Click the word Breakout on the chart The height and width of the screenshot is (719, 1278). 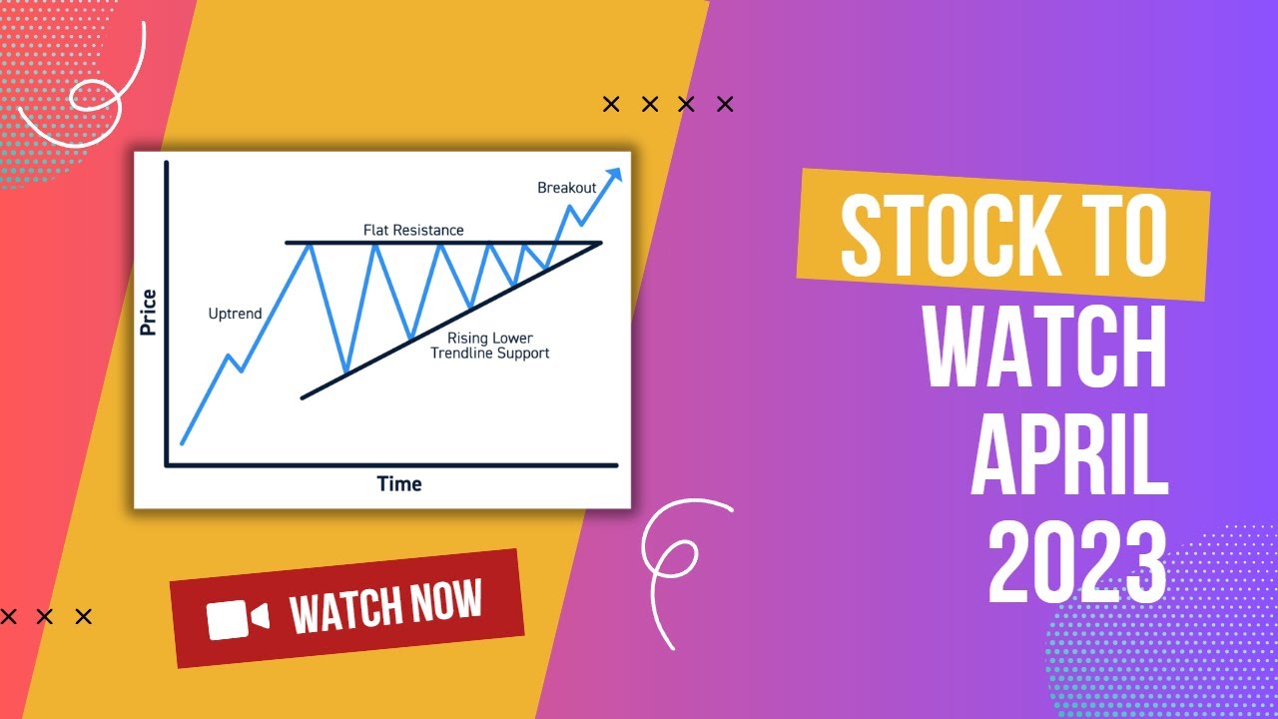pyautogui.click(x=566, y=187)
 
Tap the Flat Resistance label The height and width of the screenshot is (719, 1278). pyautogui.click(x=412, y=230)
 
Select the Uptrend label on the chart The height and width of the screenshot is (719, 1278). pyautogui.click(x=235, y=314)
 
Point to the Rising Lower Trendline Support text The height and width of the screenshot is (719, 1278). pyautogui.click(x=489, y=346)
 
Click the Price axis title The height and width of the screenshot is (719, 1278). pyautogui.click(x=149, y=311)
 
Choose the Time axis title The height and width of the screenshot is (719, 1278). pyautogui.click(x=399, y=484)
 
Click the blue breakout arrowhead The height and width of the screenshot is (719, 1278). pyautogui.click(x=614, y=175)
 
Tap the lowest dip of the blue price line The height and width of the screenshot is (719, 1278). pyautogui.click(x=345, y=372)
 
